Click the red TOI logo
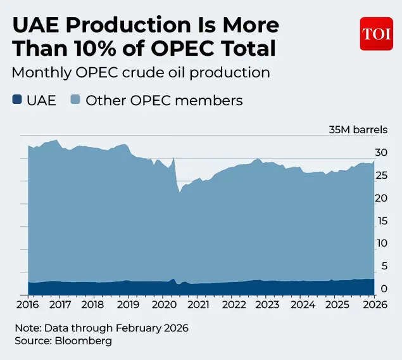point(377,34)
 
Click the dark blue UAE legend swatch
point(17,100)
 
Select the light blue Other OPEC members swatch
point(75,100)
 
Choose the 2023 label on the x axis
point(267,304)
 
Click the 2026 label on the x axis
point(372,304)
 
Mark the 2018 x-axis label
point(94,304)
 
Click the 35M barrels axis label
point(357,129)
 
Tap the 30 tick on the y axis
point(380,153)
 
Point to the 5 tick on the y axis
point(382,266)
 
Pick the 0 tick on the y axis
point(382,289)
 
